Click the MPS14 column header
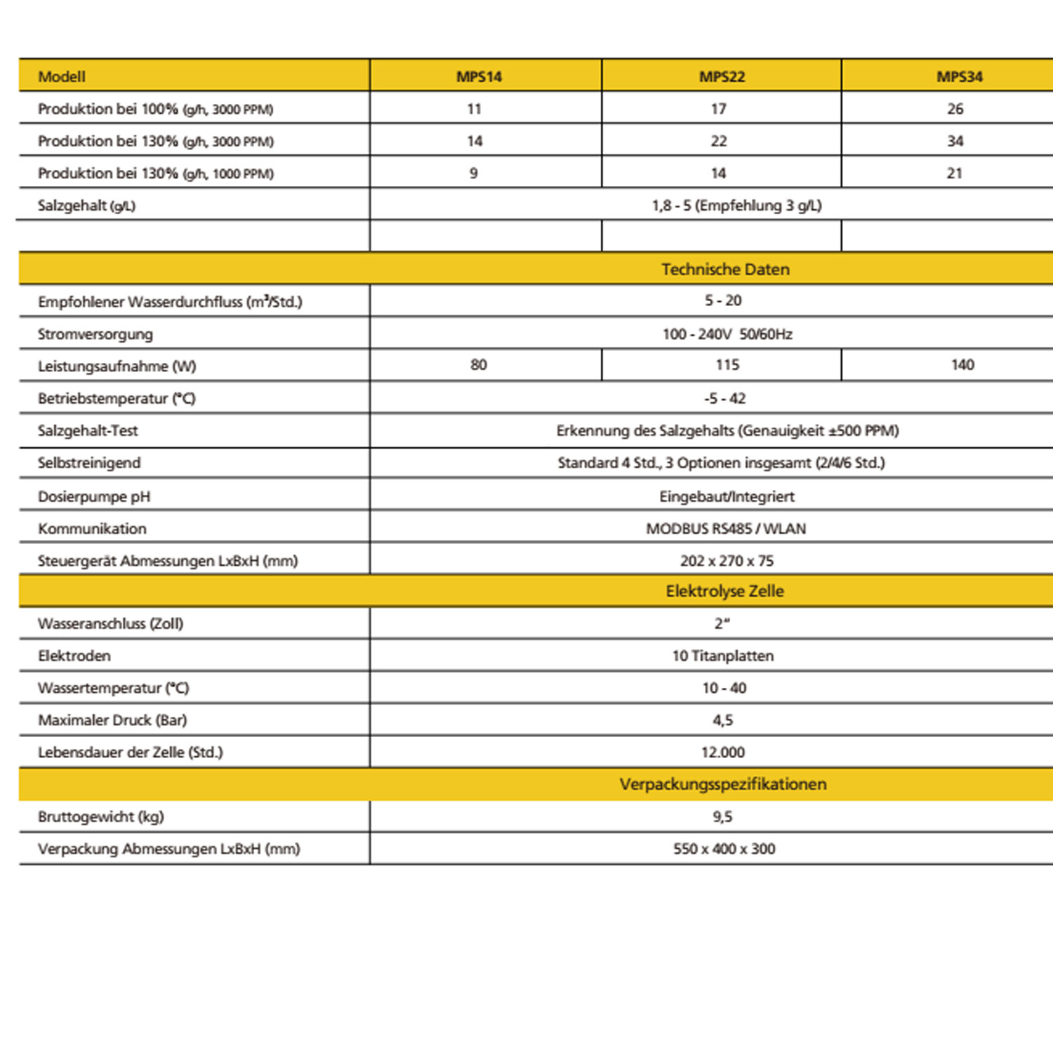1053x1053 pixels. pos(479,77)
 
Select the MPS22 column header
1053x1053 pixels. pos(722,77)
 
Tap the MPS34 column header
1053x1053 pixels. pos(959,77)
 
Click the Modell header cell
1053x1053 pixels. pos(62,77)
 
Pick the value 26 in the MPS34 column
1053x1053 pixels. pos(955,109)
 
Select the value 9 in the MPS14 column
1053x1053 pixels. pos(474,173)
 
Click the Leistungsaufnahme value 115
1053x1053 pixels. pos(727,365)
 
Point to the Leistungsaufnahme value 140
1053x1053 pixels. pos(962,365)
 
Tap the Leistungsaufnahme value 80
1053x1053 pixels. pos(479,365)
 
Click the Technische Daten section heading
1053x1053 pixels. pos(725,270)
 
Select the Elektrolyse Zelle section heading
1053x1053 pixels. pos(724,591)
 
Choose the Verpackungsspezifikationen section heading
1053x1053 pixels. pos(723,784)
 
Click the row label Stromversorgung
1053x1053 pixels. pos(95,334)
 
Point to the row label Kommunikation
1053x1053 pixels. pos(92,529)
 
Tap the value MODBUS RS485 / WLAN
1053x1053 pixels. pos(726,529)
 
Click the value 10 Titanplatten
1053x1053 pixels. pos(723,656)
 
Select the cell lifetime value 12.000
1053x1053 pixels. pos(723,753)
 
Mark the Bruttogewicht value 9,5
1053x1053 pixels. pos(722,816)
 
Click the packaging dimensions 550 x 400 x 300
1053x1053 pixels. pos(724,849)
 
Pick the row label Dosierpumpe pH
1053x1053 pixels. pos(94,497)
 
